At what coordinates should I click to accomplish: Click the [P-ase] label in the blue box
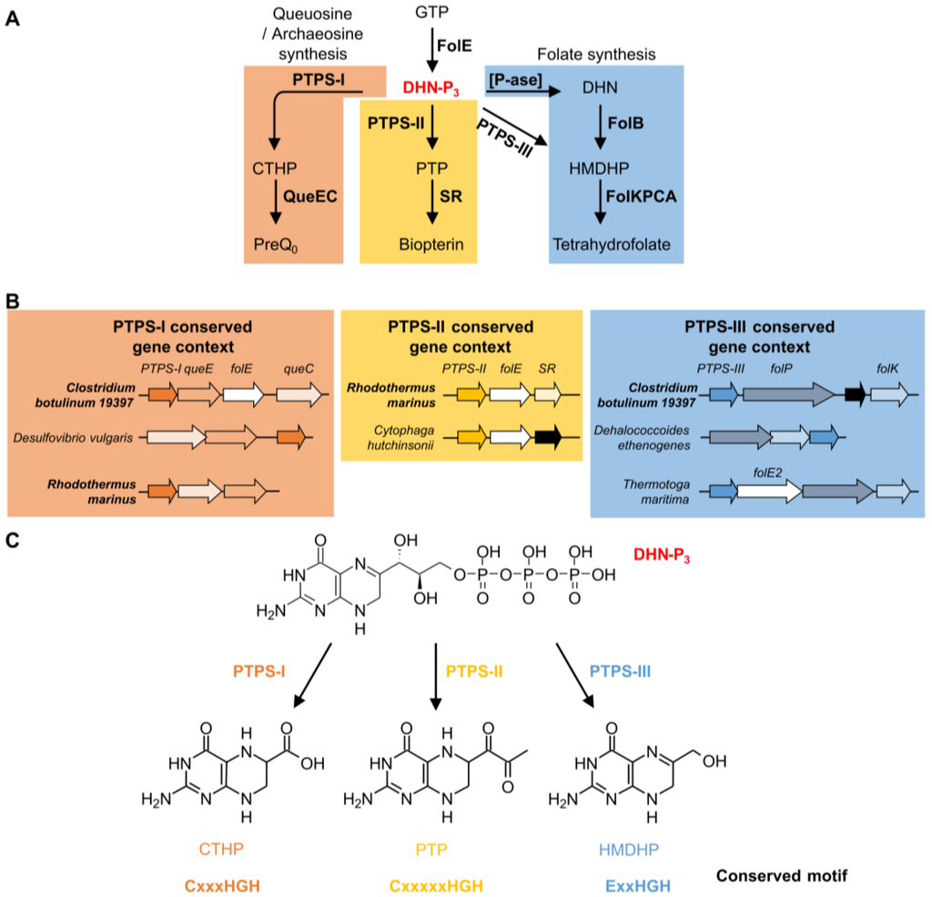516,81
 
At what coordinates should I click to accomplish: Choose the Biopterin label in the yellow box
431,245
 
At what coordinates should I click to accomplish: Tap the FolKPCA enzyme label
644,195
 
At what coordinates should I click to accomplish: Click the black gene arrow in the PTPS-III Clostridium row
855,393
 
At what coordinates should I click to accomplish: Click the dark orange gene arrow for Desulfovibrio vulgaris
292,438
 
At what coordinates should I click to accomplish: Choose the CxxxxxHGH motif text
435,885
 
